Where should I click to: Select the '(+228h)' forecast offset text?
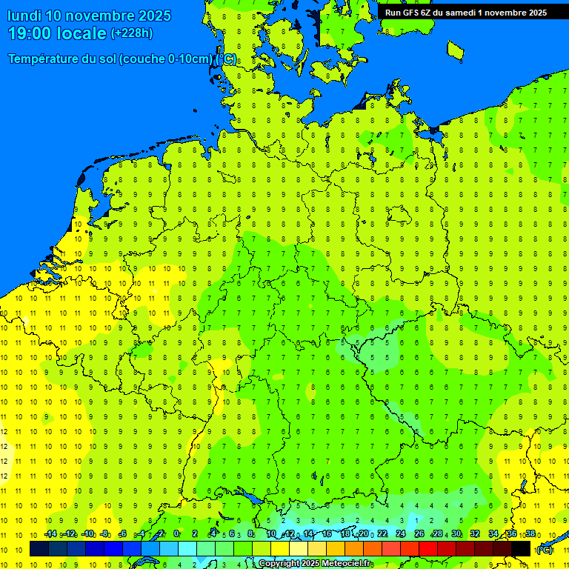[x=131, y=33]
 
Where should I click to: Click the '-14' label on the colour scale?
[x=50, y=534]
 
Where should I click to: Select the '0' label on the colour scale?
[x=176, y=534]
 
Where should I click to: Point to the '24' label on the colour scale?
[x=401, y=534]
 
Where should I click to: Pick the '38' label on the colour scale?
[x=530, y=534]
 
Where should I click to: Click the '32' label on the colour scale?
[x=475, y=534]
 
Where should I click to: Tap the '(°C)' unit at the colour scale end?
[x=545, y=549]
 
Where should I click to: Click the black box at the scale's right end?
[x=521, y=548]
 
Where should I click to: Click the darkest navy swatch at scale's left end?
[x=39, y=548]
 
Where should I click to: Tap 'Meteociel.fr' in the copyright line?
[x=346, y=564]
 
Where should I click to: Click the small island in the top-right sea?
[x=456, y=50]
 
